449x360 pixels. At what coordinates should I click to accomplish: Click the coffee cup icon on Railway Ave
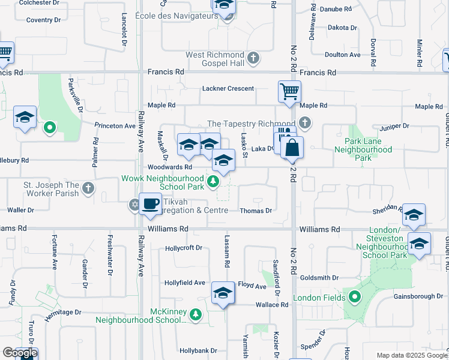(149, 203)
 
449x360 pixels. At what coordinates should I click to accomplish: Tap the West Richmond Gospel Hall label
(215, 59)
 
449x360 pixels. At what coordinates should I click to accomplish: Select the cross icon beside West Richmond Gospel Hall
(253, 58)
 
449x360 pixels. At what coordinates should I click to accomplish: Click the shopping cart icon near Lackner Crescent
(289, 92)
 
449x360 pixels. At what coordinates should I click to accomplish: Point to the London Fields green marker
(355, 297)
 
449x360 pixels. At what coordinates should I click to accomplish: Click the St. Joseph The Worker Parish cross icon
(88, 189)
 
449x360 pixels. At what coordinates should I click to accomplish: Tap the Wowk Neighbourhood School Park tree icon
(211, 181)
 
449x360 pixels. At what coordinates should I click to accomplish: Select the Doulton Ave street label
(342, 55)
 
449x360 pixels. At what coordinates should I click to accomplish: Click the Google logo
(20, 353)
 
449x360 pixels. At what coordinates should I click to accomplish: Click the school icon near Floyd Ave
(223, 293)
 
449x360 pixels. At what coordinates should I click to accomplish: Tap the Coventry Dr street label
(44, 20)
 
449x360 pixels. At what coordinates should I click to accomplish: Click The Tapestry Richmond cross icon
(305, 124)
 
